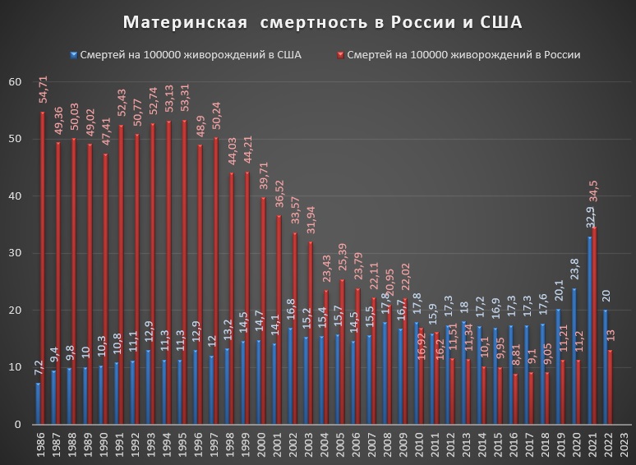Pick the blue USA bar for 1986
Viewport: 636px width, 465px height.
coord(38,403)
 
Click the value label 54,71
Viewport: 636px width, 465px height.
coord(43,90)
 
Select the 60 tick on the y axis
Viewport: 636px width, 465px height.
coord(15,81)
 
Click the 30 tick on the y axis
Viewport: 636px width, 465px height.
coord(15,253)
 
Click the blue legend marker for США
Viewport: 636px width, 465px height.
coord(74,55)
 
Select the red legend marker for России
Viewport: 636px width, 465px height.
coord(339,55)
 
